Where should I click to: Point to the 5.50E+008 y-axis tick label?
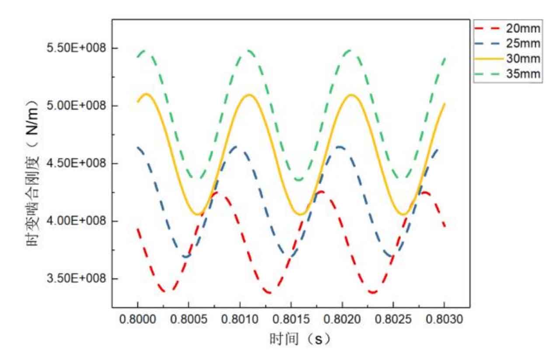[x=76, y=48]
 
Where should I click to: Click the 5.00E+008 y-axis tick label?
[x=76, y=106]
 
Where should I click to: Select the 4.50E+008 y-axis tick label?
[x=76, y=163]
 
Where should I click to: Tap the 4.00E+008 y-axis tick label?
[x=76, y=221]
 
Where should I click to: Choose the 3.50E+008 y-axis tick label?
[x=76, y=279]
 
